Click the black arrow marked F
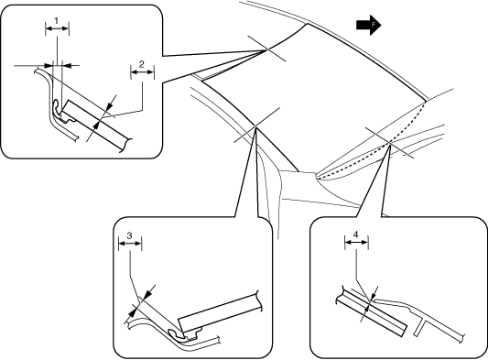point(368,25)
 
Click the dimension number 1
point(57,21)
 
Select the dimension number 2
point(142,64)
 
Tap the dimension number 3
point(129,235)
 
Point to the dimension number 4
point(356,234)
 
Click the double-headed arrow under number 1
point(57,28)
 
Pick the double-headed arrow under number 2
point(142,72)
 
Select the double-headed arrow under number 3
point(130,244)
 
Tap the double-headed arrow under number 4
point(357,242)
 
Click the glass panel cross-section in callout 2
point(96,125)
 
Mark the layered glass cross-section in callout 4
point(372,314)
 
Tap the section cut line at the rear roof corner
point(266,49)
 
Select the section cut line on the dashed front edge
point(389,143)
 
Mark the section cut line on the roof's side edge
point(256,125)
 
